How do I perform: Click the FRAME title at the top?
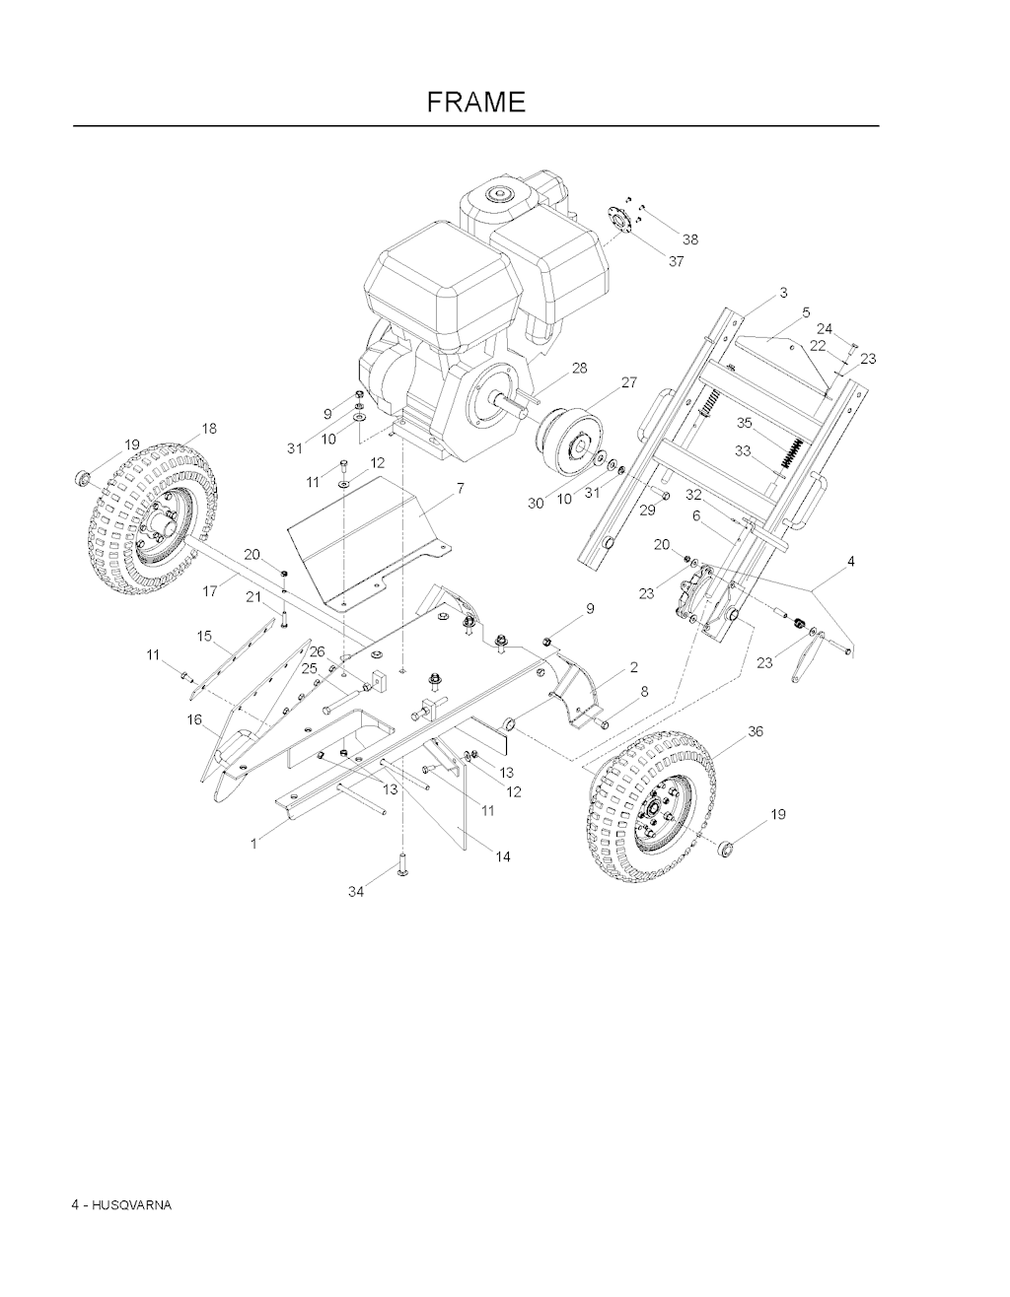[x=476, y=102]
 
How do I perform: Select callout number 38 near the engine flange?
[x=690, y=239]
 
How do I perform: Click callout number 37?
[x=676, y=261]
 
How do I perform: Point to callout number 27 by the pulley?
[x=629, y=382]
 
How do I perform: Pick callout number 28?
[x=580, y=369]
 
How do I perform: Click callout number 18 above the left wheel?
[x=209, y=429]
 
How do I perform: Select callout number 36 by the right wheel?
[x=756, y=731]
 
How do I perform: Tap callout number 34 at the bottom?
[x=356, y=892]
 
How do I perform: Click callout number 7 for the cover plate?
[x=460, y=489]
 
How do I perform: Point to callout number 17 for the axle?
[x=210, y=591]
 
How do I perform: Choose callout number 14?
[x=503, y=857]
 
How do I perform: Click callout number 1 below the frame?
[x=253, y=844]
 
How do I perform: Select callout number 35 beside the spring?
[x=745, y=423]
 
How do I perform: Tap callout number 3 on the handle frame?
[x=783, y=293]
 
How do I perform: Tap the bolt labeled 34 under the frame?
[x=402, y=863]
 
